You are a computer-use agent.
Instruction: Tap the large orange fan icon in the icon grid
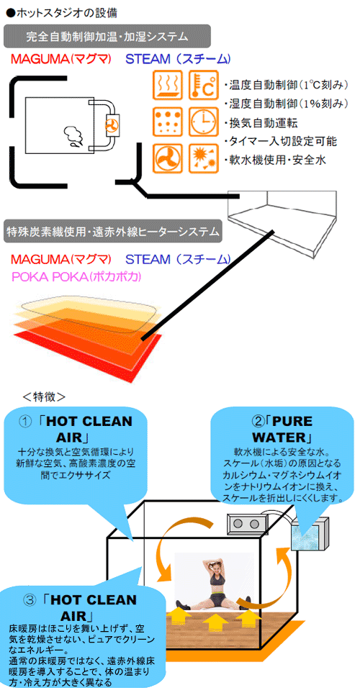pyautogui.click(x=168, y=158)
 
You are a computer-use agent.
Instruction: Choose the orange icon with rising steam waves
pyautogui.click(x=168, y=85)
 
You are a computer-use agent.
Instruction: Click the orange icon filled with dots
pyautogui.click(x=168, y=121)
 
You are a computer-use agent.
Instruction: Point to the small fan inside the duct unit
pyautogui.click(x=112, y=125)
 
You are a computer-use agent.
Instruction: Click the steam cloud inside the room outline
pyautogui.click(x=72, y=136)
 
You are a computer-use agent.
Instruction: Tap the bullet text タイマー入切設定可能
pyautogui.click(x=281, y=141)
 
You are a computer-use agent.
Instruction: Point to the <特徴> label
pyautogui.click(x=44, y=396)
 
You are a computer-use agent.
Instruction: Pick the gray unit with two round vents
pyautogui.click(x=246, y=524)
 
